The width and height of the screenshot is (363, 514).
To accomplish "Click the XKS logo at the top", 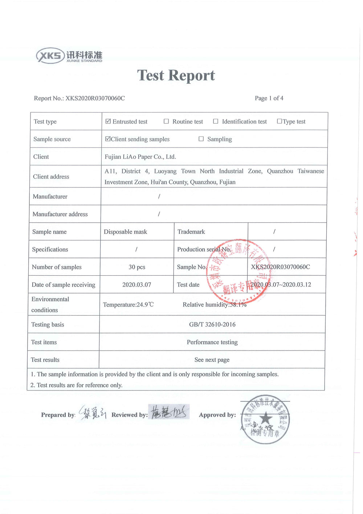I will (69, 56).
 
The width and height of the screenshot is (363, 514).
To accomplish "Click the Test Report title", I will (176, 76).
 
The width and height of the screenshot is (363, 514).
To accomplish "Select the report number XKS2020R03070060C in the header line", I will (95, 98).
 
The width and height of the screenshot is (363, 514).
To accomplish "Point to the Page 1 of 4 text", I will (269, 98).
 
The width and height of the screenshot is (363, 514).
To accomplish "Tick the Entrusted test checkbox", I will (108, 121).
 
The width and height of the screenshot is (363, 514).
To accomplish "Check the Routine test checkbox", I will (166, 121).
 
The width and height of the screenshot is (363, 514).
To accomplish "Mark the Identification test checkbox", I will (216, 121).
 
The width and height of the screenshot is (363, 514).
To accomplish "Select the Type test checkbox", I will (280, 121).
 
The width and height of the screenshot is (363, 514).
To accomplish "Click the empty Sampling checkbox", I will (201, 139).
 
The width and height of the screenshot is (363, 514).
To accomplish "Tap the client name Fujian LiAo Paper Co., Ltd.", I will (140, 157).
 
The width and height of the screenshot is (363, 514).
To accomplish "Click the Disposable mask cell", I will (126, 232).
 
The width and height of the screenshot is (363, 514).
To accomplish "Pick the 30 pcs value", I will (137, 267).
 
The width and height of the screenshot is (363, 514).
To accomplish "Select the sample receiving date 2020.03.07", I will (136, 285).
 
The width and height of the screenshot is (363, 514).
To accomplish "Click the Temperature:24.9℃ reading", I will (128, 305).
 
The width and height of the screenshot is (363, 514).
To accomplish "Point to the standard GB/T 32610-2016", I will (212, 324).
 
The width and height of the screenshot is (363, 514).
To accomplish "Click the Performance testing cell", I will (212, 342).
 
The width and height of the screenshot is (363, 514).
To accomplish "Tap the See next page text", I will (212, 360).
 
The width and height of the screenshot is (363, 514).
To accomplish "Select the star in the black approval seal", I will (266, 418).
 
